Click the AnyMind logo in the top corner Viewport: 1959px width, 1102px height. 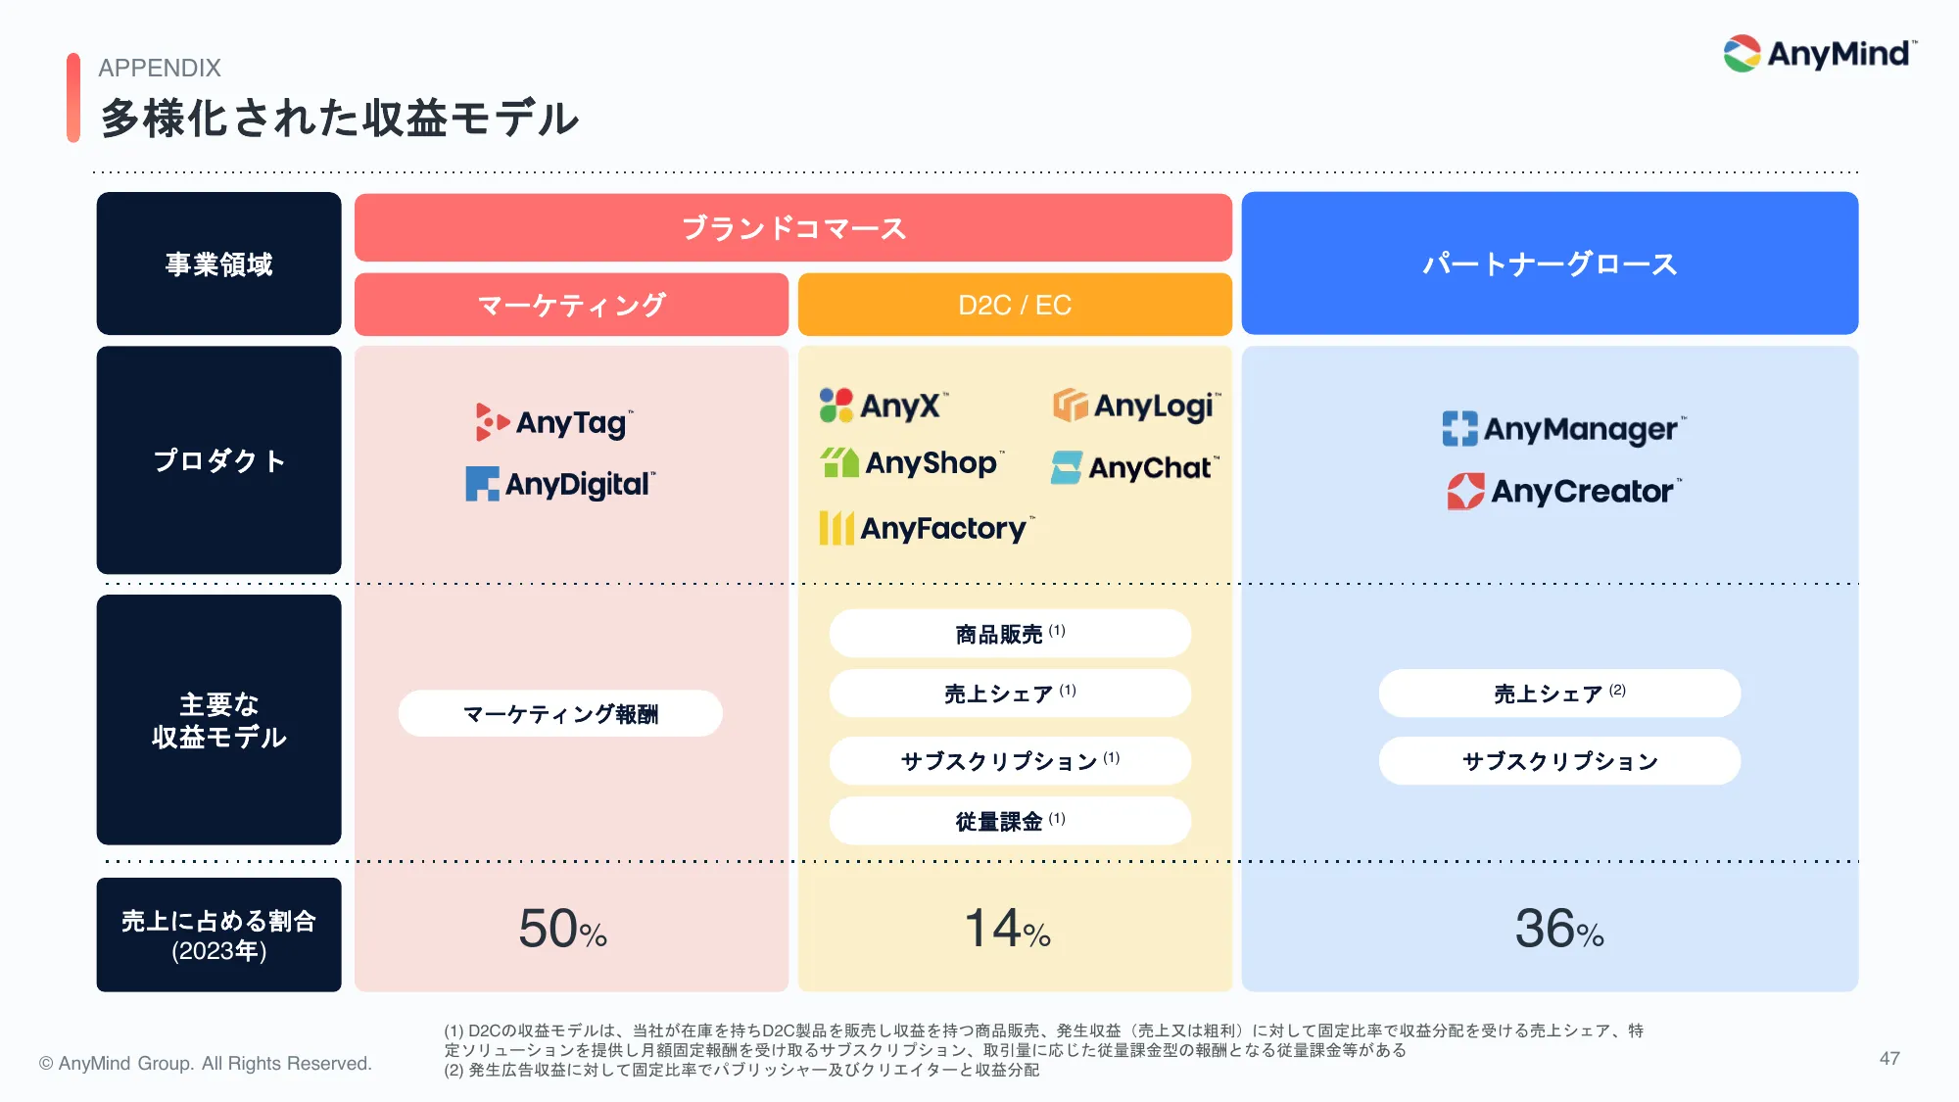(x=1819, y=54)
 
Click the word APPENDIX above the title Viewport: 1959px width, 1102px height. (x=160, y=68)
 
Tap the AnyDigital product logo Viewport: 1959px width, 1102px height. (x=560, y=484)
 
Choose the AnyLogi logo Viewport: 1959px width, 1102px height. (x=1136, y=406)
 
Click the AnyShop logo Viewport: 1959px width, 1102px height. (x=911, y=462)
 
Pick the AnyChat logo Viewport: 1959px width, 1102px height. (x=1134, y=468)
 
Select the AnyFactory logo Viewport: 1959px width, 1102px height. (x=926, y=529)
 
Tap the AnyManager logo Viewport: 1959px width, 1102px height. (x=1563, y=429)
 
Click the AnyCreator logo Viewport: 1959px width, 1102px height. (x=1563, y=491)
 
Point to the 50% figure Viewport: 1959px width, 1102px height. (x=562, y=929)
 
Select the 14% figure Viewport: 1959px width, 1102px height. (x=1008, y=929)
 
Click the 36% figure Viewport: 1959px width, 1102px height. (x=1558, y=929)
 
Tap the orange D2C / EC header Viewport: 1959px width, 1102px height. (x=1015, y=305)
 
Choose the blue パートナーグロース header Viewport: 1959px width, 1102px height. (x=1550, y=264)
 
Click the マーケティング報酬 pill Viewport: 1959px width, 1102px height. (x=560, y=714)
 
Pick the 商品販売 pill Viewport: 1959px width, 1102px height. (x=1010, y=634)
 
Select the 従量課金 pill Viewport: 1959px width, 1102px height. (x=1010, y=821)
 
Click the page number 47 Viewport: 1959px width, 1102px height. (x=1889, y=1059)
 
